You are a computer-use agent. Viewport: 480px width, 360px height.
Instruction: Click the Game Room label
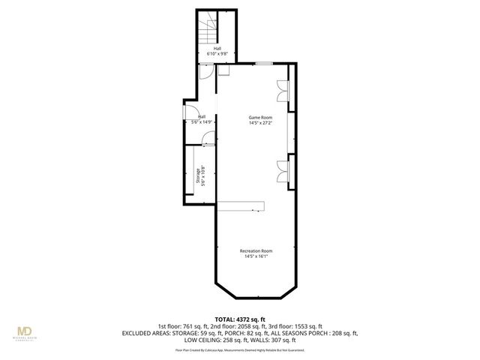[x=260, y=118]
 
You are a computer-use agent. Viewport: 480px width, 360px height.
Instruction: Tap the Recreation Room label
[x=256, y=250]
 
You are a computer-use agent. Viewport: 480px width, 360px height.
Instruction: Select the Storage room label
[x=199, y=176]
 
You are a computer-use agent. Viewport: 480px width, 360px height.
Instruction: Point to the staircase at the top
[x=207, y=31]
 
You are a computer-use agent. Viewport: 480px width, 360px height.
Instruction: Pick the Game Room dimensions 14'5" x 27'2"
[x=260, y=123]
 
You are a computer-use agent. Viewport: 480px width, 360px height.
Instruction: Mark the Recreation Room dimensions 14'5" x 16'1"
[x=256, y=256]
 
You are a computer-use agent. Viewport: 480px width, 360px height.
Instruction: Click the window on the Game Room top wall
[x=262, y=64]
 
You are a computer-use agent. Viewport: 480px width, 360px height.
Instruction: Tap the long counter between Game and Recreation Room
[x=242, y=205]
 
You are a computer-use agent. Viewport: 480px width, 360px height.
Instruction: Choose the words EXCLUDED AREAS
[x=172, y=333]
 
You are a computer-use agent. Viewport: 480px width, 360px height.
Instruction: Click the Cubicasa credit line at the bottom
[x=239, y=349]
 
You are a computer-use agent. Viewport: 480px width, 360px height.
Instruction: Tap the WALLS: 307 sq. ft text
[x=274, y=340]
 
